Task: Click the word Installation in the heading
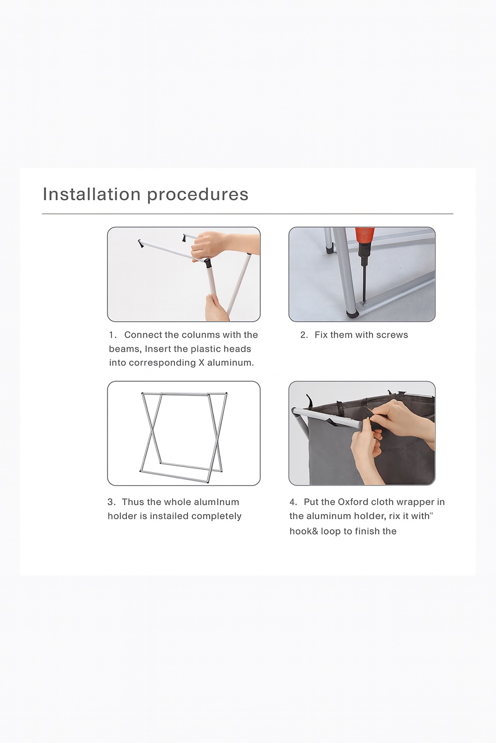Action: [92, 194]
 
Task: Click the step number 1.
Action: [112, 335]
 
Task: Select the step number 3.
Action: [111, 502]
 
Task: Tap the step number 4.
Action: [293, 502]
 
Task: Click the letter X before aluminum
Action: [201, 363]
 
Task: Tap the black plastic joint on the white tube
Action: [207, 263]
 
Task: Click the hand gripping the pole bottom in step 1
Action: [217, 308]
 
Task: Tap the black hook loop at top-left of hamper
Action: [310, 401]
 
